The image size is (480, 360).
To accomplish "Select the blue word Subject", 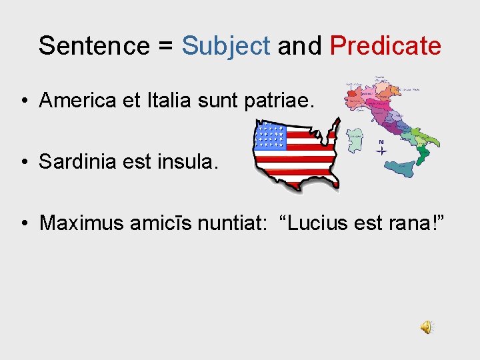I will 226,46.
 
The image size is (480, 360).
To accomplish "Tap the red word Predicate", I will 385,46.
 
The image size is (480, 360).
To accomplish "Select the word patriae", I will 286,101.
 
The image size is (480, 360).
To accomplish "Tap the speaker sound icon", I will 426,327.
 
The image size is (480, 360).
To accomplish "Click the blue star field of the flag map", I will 270,136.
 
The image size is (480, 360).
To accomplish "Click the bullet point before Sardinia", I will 24,162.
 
